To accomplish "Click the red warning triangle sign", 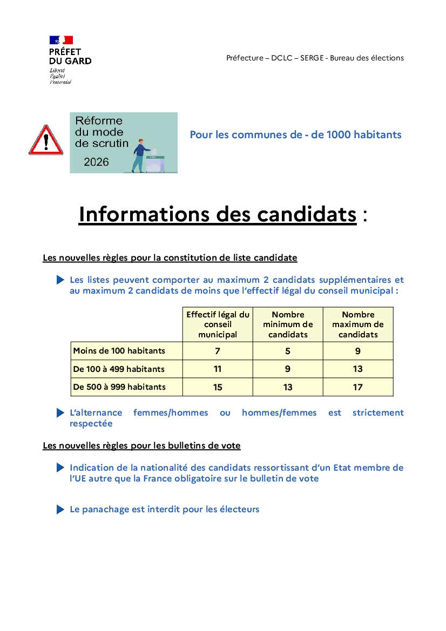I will coord(46,141).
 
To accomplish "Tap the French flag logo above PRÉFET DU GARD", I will coord(61,40).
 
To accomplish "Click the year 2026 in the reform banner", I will coord(96,162).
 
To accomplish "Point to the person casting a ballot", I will coord(141,155).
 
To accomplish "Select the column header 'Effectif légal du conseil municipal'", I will coord(218,324).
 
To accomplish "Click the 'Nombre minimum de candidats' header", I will coord(288,324).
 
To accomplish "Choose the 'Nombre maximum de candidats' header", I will coord(358,324).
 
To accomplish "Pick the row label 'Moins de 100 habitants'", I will coord(119,351).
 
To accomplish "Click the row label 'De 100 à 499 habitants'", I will coord(119,369).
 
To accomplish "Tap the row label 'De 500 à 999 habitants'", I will coord(119,387).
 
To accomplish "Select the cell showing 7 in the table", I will coord(218,351).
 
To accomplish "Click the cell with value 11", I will coord(218,369).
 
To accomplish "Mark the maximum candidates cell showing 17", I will coord(358,387).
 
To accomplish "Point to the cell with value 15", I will coord(218,387).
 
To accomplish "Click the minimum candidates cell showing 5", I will coord(288,351).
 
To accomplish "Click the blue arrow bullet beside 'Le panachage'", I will coord(60,510).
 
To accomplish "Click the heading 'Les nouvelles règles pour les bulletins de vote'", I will coord(141,446).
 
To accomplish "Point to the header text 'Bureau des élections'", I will coord(367,58).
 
